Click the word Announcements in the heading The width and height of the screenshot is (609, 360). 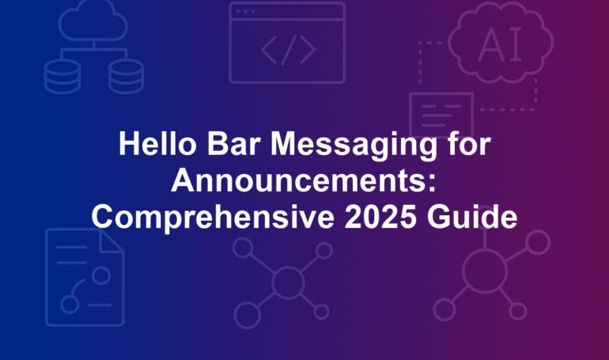(298, 180)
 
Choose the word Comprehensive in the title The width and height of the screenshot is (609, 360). (213, 218)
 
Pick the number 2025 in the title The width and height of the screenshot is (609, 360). (380, 216)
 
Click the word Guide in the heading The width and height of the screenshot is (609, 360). (472, 216)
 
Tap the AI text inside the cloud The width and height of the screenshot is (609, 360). (501, 44)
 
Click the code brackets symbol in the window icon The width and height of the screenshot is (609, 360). (288, 50)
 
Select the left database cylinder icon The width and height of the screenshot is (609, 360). (62, 77)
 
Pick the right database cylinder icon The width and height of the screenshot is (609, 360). (127, 77)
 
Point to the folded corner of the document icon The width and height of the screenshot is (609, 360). (112, 241)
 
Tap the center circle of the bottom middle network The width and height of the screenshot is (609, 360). (288, 282)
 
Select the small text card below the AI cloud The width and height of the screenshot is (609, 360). (441, 114)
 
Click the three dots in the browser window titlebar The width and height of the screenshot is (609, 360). (245, 12)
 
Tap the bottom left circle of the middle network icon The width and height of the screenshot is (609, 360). (247, 316)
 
